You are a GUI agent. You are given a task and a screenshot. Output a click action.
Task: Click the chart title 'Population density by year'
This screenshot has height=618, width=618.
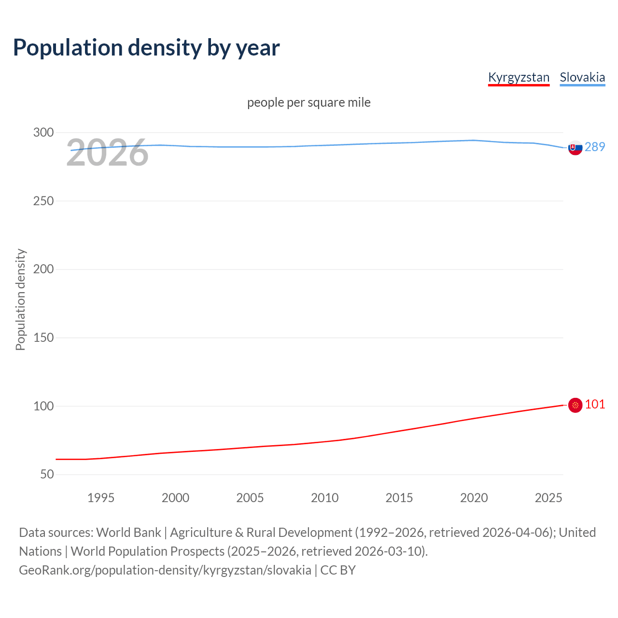pos(146,48)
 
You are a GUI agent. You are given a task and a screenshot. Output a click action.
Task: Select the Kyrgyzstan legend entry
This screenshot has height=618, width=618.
pos(519,77)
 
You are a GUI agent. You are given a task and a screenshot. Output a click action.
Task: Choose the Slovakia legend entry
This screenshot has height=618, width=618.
pos(582,77)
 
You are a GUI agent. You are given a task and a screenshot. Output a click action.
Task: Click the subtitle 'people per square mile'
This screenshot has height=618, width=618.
pos(309,102)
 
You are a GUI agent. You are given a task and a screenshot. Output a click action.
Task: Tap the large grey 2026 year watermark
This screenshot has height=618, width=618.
pos(107,153)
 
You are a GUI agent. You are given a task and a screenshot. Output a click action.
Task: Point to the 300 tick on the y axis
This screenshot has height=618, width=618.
pos(43,132)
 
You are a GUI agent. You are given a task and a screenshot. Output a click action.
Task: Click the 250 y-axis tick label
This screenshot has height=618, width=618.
pos(43,201)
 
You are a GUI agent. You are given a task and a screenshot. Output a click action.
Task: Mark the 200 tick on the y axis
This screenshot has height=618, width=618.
pos(43,269)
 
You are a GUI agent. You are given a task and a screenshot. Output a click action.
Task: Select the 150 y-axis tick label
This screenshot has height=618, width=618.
pos(43,337)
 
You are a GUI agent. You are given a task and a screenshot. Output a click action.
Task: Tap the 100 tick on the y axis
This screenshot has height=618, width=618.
pos(43,406)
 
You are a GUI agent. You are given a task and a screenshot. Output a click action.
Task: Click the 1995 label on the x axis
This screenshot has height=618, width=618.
pos(101,498)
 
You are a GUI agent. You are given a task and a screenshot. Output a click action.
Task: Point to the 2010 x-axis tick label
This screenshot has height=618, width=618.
pos(324,498)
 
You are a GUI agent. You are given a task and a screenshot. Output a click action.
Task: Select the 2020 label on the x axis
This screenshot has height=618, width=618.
pos(474,498)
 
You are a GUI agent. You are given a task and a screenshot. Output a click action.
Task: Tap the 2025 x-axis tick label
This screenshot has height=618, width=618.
pos(548,498)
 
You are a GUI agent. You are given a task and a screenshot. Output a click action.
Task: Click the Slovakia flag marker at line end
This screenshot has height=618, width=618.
pos(575,148)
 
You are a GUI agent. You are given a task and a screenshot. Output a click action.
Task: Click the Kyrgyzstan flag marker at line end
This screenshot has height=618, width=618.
pos(575,405)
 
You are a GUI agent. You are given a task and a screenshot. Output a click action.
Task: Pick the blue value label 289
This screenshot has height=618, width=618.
pos(595,147)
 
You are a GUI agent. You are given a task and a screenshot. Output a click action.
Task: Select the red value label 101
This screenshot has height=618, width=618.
pos(595,404)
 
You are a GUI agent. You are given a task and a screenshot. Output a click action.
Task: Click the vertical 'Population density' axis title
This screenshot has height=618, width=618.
pos(20,299)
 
